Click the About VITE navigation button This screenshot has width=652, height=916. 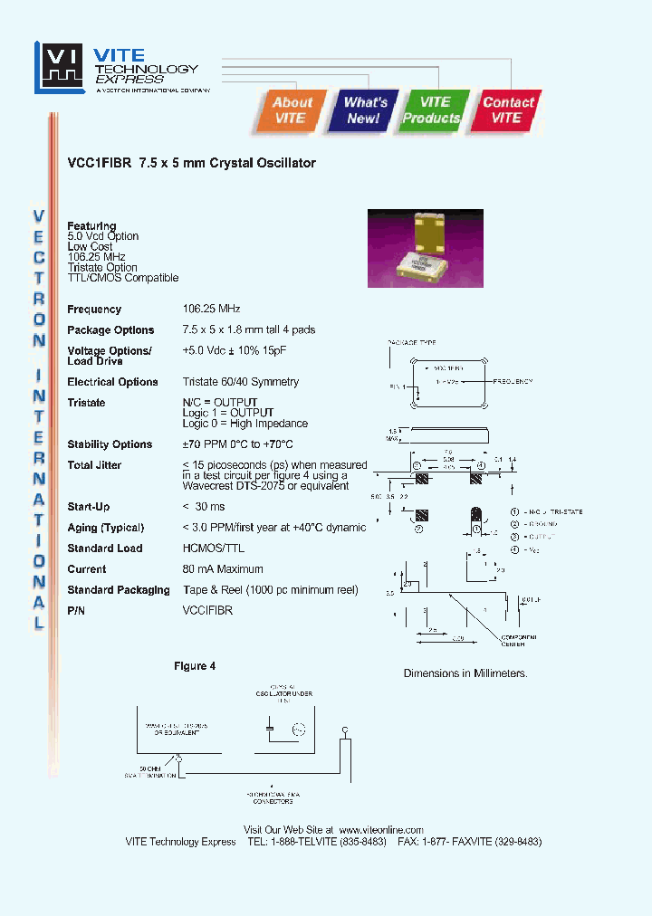point(292,110)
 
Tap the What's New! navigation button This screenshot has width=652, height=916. point(365,110)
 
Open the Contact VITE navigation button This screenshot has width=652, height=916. point(507,110)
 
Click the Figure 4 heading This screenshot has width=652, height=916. point(195,666)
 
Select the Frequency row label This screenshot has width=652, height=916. point(94,310)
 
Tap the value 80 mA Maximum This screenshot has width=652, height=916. point(223,569)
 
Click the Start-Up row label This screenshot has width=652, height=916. point(89,507)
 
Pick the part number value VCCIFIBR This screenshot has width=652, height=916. point(207,611)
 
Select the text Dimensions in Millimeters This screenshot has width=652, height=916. point(465,673)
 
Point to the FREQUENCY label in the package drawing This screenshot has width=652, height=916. point(517,381)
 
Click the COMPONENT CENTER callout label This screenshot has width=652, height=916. point(519,640)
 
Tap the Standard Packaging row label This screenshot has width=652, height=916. point(119,590)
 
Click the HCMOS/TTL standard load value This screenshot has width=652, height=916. point(214,549)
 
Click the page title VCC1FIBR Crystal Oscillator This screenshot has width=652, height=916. point(191,164)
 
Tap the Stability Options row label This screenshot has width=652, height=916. point(110,444)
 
